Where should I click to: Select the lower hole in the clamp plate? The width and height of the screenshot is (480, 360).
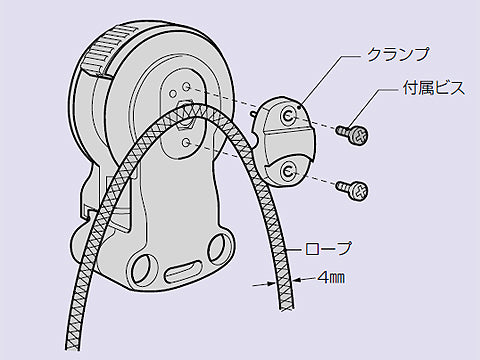point(288,171)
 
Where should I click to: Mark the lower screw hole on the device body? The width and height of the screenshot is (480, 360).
point(188,143)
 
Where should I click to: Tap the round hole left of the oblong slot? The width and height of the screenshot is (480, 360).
point(142,267)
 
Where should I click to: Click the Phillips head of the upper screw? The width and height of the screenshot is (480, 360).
point(358,133)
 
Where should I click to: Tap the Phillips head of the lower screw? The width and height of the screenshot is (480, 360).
point(359,188)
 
